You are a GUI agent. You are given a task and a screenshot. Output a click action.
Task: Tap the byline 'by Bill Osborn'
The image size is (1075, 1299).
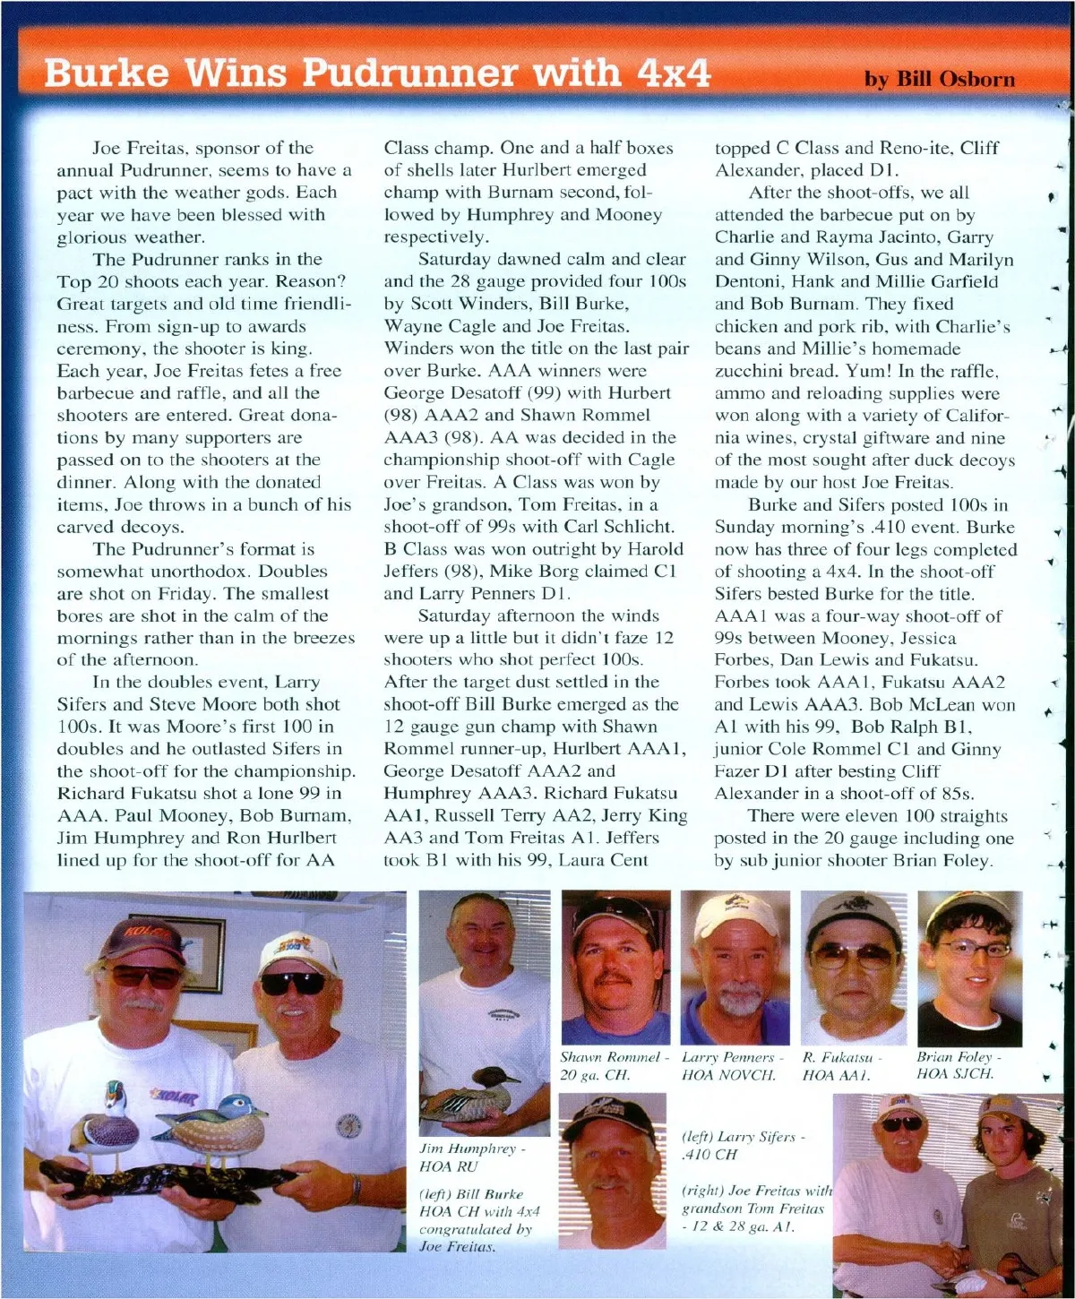click(939, 79)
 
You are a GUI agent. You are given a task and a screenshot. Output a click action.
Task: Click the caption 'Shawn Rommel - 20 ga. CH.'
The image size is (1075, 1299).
click(614, 1066)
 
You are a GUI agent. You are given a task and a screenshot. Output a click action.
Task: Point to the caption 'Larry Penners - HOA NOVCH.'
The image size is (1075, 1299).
click(732, 1066)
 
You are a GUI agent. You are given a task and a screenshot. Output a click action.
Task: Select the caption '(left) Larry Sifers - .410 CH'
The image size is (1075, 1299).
click(743, 1146)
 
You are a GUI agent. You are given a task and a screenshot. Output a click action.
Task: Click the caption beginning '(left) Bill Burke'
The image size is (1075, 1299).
click(478, 1219)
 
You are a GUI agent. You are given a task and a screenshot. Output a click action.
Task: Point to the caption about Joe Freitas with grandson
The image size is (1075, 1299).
click(755, 1208)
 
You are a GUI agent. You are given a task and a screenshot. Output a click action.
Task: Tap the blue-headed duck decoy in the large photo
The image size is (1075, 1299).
click(215, 1124)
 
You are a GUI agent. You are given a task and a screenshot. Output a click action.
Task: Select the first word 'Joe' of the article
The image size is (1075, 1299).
click(107, 148)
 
